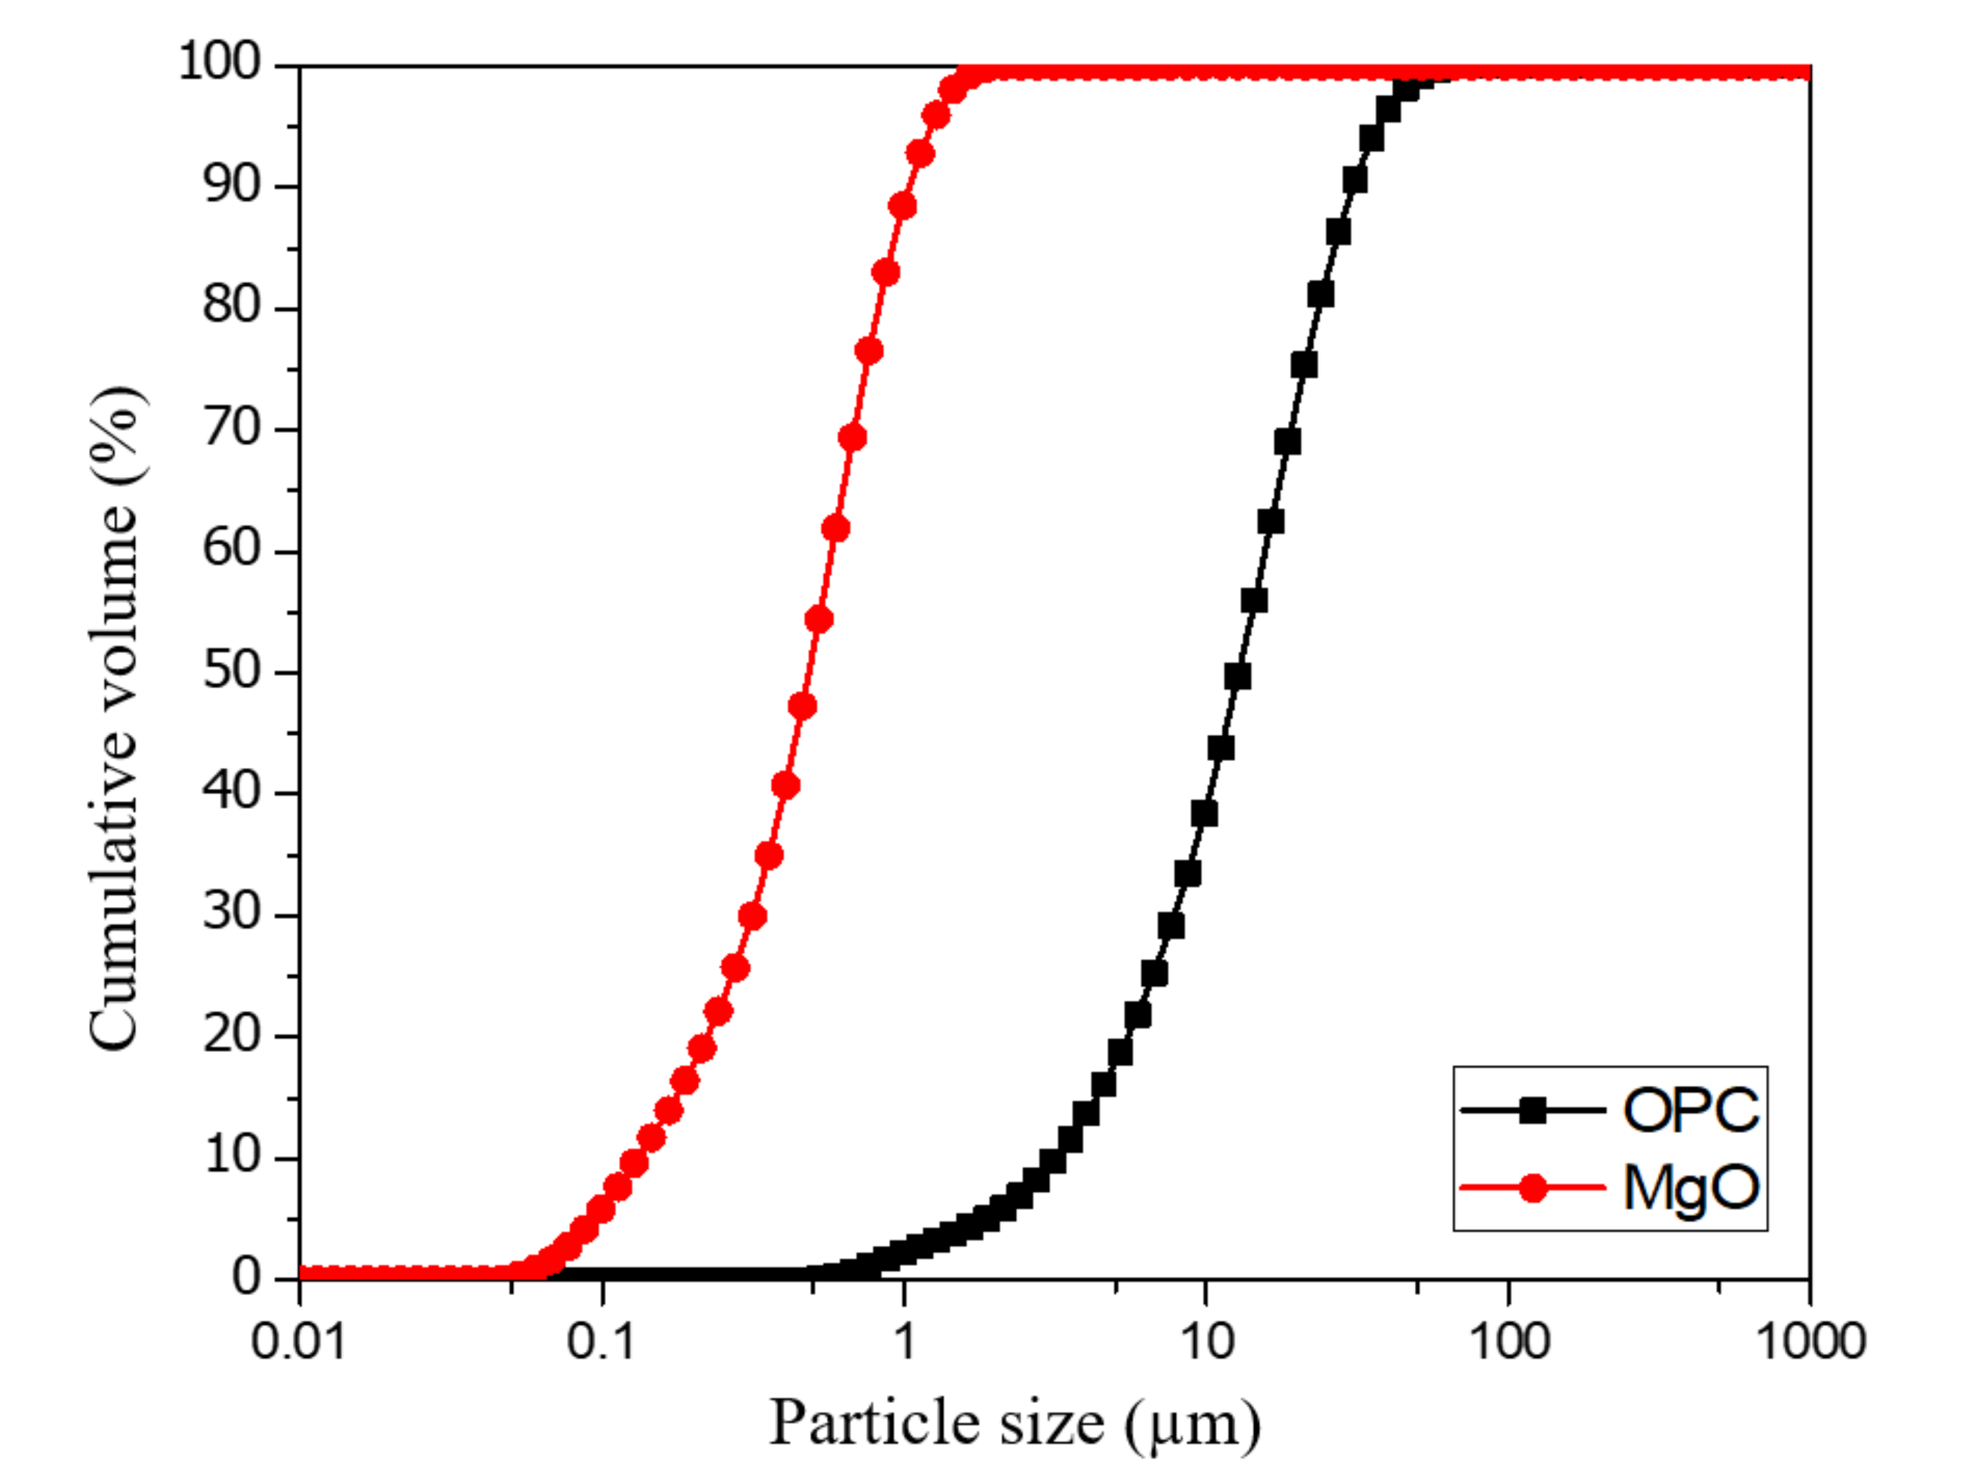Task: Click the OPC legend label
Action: click(1690, 1111)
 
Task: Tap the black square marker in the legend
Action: click(1533, 1111)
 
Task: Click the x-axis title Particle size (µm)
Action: click(1015, 1423)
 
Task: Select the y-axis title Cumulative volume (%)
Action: click(114, 718)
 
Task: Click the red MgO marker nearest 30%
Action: click(752, 917)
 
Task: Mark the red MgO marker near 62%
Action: click(835, 529)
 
